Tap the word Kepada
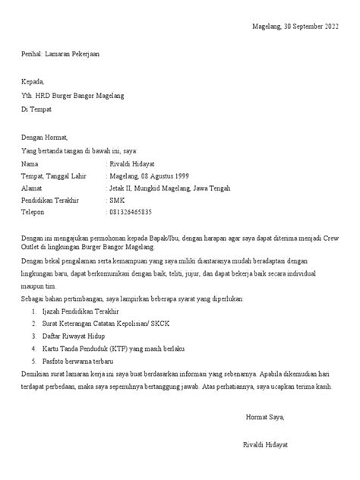33,82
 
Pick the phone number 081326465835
131,212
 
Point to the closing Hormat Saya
264,416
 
